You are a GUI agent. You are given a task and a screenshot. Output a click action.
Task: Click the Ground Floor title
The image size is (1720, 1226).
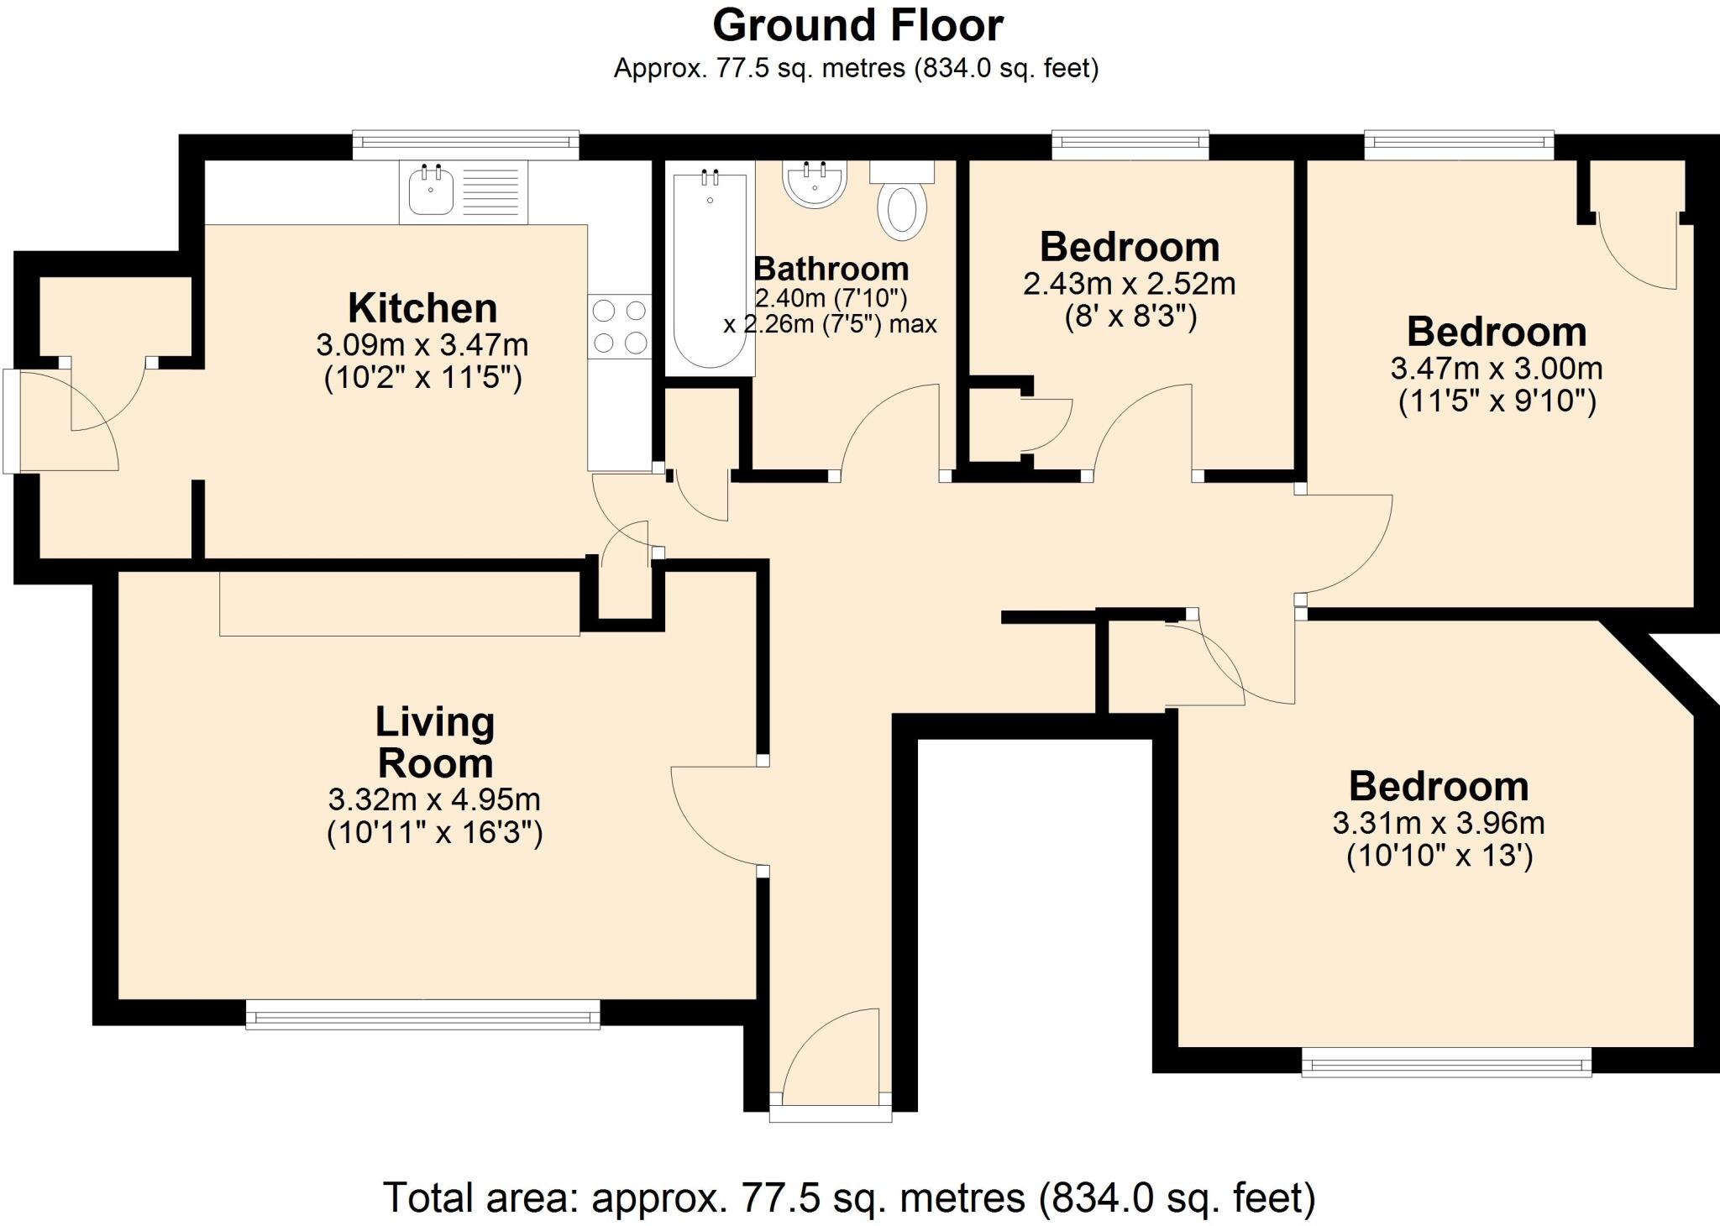pos(857,25)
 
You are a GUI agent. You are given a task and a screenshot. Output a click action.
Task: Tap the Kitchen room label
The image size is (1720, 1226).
pos(422,308)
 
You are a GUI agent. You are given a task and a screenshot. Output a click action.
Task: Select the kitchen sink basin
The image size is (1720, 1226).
pos(432,192)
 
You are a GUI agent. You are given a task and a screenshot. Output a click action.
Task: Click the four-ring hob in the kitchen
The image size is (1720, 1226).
pos(620,327)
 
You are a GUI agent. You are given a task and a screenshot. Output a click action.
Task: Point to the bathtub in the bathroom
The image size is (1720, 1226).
pos(710,269)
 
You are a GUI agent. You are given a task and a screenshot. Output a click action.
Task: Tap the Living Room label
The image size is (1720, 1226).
pos(435,742)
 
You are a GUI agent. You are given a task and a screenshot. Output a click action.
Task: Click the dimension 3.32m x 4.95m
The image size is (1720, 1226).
pos(434,799)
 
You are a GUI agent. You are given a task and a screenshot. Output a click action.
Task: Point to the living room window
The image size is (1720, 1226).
pos(422,1014)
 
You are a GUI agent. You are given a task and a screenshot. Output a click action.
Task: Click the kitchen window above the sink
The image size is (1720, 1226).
pos(465,144)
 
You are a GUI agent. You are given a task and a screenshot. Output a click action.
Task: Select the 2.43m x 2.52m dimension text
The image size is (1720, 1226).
pos(1129,284)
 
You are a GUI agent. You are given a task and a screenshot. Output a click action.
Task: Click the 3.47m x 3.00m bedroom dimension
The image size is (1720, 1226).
pos(1497,368)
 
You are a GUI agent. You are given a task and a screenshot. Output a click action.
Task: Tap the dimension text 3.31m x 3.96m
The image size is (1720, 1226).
pos(1439,822)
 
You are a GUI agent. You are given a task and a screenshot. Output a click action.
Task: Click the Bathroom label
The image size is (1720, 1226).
pos(831,269)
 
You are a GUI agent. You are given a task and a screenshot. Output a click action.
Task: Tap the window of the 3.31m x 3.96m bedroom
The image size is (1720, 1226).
pos(1446,1062)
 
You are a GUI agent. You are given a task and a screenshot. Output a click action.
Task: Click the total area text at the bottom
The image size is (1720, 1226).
pos(849,1197)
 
